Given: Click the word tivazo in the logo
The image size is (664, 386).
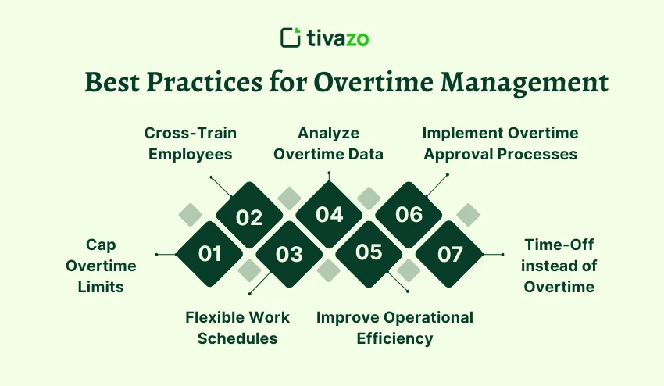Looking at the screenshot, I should tap(343, 38).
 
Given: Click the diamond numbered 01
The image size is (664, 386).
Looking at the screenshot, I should tap(209, 254).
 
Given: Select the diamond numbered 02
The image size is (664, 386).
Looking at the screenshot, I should tap(249, 216).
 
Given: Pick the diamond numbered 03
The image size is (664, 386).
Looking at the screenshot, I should tap(289, 254).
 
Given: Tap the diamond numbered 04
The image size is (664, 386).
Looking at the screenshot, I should tap(329, 214).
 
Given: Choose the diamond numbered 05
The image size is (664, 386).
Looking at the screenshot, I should tap(369, 252).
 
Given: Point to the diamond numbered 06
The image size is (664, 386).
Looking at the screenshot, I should tap(409, 214).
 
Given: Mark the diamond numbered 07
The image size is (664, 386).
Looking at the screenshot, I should tap(449, 254).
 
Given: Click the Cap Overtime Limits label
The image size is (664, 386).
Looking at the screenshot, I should tap(101, 266).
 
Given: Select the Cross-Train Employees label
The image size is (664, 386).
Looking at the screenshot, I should tap(191, 143).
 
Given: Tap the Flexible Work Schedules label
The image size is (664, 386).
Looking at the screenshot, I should tap(237, 327).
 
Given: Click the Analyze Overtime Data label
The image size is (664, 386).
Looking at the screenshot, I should tap(328, 143).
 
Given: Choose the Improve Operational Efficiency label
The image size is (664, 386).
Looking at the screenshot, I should tap(394, 327).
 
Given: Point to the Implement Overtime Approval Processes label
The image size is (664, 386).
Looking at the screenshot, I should tap(500, 143).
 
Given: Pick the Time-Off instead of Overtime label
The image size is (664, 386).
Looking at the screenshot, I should tap(559, 266).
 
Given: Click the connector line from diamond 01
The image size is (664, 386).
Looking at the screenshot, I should tap(167, 254).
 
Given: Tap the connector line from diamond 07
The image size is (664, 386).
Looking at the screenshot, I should tap(492, 254).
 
